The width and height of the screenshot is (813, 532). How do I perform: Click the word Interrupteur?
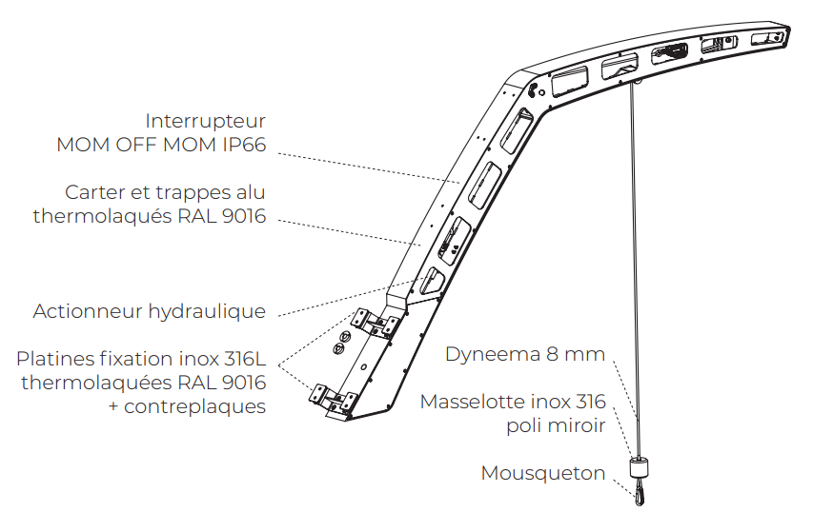[205, 122]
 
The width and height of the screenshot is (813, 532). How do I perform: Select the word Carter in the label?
[94, 192]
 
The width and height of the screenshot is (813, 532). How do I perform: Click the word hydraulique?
[207, 312]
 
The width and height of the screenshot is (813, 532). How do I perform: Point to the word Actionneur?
[88, 311]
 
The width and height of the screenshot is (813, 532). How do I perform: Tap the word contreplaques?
[194, 406]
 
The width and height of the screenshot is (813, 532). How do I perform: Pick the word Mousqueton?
[543, 474]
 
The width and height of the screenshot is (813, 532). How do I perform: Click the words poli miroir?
[556, 426]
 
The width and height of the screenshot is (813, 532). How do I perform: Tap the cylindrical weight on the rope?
[639, 468]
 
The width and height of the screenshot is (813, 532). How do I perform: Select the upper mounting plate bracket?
[375, 324]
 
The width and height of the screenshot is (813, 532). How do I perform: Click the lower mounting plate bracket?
[334, 398]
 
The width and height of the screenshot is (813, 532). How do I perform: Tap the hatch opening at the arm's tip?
[768, 38]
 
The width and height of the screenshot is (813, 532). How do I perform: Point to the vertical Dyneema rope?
[635, 269]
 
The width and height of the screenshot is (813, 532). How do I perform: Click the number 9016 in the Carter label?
[244, 216]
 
